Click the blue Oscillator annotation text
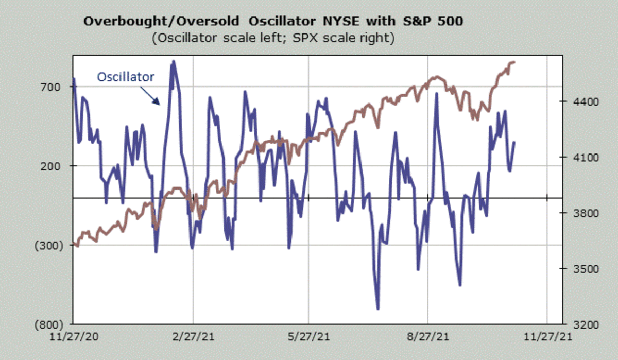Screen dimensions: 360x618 [126, 77]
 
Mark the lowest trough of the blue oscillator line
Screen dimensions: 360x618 [378, 308]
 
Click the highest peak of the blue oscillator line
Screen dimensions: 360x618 [174, 61]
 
